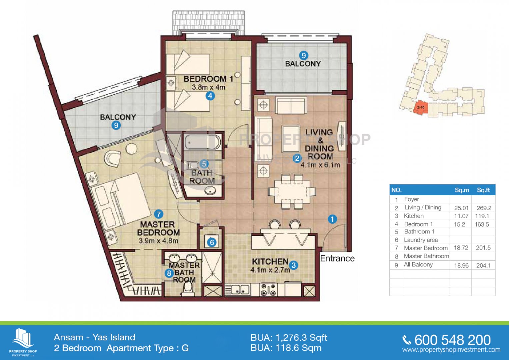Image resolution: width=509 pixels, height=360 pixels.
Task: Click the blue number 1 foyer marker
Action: tap(332, 219)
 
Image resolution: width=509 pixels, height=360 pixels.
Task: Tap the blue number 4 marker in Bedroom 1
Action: tap(210, 96)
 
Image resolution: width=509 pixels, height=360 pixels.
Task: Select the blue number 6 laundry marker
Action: tap(212, 243)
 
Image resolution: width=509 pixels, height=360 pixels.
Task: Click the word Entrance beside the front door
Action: tap(337, 258)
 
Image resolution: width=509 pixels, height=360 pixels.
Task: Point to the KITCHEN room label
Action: tap(270, 262)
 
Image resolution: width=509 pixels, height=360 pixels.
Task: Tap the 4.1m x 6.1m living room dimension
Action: tap(320, 165)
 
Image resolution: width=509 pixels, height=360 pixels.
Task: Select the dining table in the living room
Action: tap(292, 191)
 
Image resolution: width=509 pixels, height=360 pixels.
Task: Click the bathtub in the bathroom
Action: tap(202, 142)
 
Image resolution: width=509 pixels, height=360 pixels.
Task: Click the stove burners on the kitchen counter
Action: tap(268, 290)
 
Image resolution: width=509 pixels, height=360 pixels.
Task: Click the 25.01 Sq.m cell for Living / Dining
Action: tap(461, 208)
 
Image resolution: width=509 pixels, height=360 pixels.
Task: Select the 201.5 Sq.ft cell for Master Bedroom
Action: tap(483, 248)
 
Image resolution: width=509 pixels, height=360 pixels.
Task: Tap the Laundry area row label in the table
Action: tap(421, 240)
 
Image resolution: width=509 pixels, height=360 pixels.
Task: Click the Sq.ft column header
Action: tap(483, 190)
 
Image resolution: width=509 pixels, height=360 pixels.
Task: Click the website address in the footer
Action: tap(451, 350)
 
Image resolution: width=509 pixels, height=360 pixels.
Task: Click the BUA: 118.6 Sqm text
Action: tap(286, 348)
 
